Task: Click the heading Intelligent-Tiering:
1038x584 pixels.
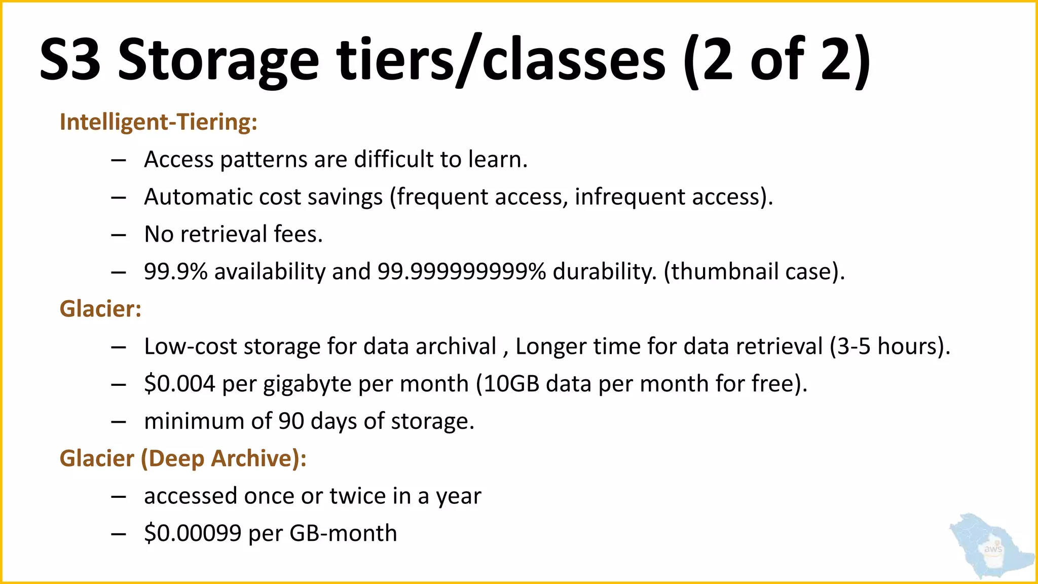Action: [x=158, y=122]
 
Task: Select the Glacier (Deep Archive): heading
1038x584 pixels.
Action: [x=183, y=458]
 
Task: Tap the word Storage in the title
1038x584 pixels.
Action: [x=218, y=61]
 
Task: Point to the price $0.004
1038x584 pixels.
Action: [x=179, y=384]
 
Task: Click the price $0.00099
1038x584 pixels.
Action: [x=193, y=533]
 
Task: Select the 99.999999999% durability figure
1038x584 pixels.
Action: [x=462, y=272]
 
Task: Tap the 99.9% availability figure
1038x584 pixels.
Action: [x=175, y=272]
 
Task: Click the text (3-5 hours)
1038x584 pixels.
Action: [x=889, y=347]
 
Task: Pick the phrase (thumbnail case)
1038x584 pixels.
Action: [x=754, y=272]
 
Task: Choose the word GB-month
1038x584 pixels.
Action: [x=343, y=533]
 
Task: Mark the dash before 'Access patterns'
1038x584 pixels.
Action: [x=118, y=160]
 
